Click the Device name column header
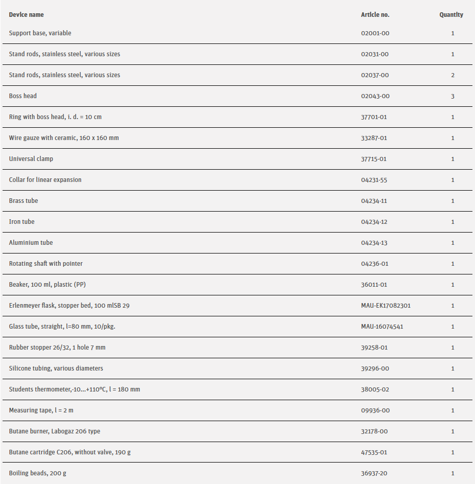[26, 15]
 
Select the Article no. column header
[375, 15]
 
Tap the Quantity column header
[451, 15]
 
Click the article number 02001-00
[375, 33]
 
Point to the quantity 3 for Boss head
[453, 96]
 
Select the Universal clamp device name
[31, 159]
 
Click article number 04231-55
[374, 180]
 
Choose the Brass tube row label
[24, 201]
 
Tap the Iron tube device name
[21, 222]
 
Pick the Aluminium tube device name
[31, 243]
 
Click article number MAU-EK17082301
[386, 306]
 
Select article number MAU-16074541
[382, 327]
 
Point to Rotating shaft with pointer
[46, 264]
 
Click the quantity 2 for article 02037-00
[453, 75]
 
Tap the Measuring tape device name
[37, 410]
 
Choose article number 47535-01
[374, 452]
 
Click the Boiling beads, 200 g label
[37, 473]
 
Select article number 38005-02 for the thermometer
[375, 389]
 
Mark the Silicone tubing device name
[56, 368]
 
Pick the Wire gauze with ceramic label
[64, 138]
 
